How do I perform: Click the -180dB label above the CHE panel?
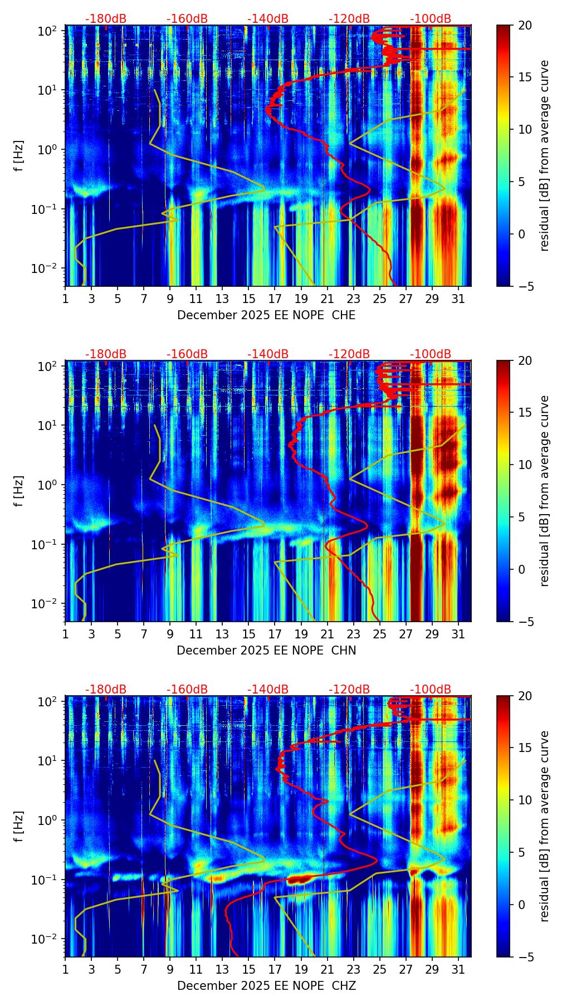[106, 19]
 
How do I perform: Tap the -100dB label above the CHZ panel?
[431, 690]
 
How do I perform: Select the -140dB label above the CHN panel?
[268, 354]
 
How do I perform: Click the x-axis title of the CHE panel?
[266, 315]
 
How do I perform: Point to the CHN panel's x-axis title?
[266, 651]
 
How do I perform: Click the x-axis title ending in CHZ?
[266, 986]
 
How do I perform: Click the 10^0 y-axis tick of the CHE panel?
[50, 150]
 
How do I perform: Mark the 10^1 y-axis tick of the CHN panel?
[50, 426]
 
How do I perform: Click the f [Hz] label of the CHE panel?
[19, 156]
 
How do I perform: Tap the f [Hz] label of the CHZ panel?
[19, 827]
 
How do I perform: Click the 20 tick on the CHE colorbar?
[525, 26]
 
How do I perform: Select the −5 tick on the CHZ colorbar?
[525, 957]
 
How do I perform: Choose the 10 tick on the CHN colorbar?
[525, 465]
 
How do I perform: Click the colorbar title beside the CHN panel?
[544, 491]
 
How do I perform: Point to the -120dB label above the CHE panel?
[349, 19]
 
